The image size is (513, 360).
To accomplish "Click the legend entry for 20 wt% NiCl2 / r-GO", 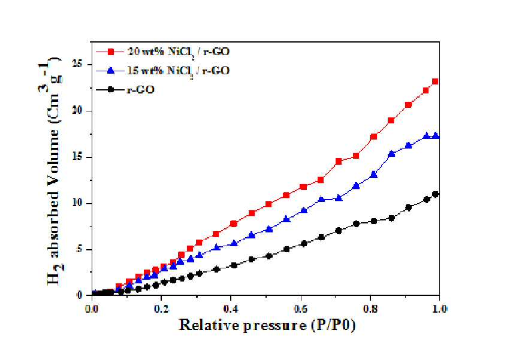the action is [x=162, y=52].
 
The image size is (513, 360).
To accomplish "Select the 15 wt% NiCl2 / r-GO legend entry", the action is [x=162, y=71].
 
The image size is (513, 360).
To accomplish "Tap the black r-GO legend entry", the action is [x=125, y=89].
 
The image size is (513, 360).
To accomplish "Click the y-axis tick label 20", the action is [x=77, y=111].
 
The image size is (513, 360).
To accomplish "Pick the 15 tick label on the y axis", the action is [x=77, y=158].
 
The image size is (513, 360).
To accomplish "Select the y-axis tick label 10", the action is [x=77, y=204].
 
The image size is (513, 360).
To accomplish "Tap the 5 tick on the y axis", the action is [x=80, y=250].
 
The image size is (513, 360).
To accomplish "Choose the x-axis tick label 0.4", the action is [x=231, y=309].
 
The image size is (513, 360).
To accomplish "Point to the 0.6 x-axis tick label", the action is [x=301, y=309].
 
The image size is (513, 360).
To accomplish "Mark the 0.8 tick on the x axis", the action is [x=370, y=309].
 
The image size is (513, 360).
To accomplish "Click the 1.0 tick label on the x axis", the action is [x=440, y=309].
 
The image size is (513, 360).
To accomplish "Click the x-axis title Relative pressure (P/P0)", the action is [x=267, y=325].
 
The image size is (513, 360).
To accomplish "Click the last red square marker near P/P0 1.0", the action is [x=435, y=81].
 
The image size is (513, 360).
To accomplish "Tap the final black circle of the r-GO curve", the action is [x=436, y=194].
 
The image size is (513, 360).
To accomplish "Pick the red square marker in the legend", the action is [x=111, y=52].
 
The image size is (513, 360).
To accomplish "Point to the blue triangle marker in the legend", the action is [x=111, y=71].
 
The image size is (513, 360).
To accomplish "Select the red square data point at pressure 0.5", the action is [x=268, y=204].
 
